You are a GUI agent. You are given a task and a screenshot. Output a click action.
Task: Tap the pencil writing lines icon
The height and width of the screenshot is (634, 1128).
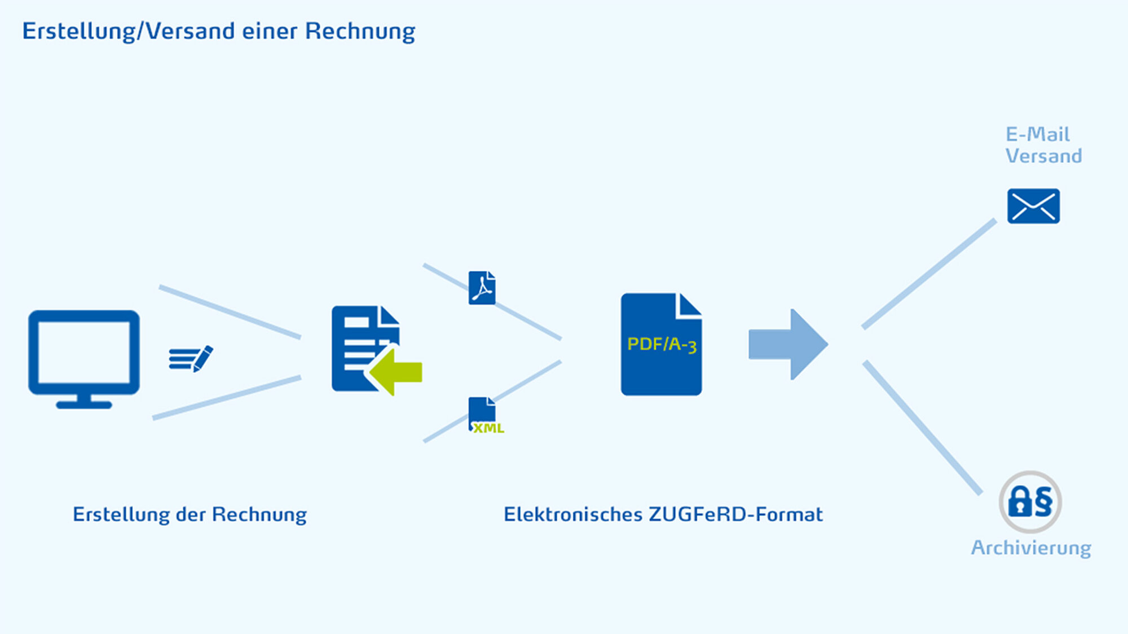click(191, 359)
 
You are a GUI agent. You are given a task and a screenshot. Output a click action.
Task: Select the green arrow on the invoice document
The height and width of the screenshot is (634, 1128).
click(395, 372)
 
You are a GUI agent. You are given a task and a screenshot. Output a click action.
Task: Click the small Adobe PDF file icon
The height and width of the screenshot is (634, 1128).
click(482, 288)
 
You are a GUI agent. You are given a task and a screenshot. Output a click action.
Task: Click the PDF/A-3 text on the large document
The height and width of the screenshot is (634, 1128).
click(662, 344)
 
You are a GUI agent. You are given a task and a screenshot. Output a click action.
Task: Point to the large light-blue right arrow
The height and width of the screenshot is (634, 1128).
click(788, 344)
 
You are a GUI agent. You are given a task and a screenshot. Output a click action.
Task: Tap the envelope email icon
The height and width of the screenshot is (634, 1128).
click(1033, 206)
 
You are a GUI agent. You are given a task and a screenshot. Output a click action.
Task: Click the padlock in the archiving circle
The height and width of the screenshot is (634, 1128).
click(1020, 501)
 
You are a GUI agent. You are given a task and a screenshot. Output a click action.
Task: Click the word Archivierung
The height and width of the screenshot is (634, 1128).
click(1031, 548)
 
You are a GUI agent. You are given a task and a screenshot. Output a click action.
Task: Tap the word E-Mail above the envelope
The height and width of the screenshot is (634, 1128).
click(1037, 134)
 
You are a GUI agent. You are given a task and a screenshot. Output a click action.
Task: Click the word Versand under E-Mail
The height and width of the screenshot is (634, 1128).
click(1043, 156)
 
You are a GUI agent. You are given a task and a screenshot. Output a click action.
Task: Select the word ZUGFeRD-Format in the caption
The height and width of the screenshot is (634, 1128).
click(735, 514)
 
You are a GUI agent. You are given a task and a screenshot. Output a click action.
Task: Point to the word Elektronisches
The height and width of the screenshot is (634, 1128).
click(573, 514)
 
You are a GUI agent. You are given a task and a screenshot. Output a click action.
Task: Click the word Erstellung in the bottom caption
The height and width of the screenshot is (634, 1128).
click(121, 514)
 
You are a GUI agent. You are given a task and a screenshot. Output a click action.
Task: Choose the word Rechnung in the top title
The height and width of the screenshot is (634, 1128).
click(360, 32)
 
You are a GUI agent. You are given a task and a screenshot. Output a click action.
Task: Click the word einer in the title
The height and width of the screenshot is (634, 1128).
click(270, 32)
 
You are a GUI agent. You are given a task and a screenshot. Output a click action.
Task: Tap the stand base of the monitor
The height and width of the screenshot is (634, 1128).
click(84, 404)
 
